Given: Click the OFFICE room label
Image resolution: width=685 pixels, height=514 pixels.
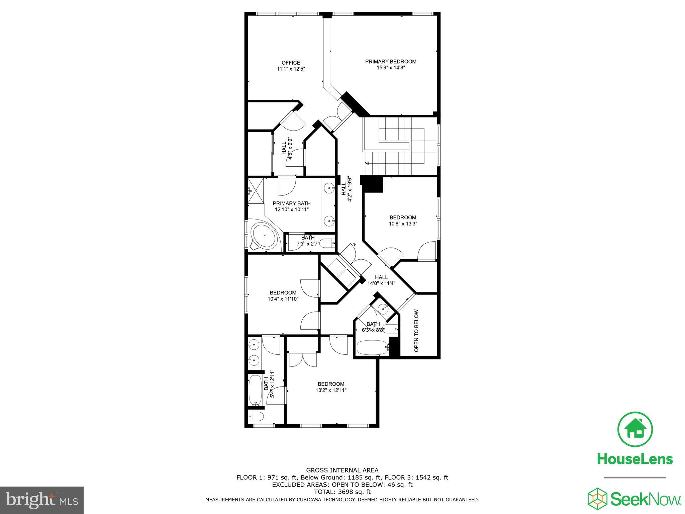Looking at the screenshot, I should coord(291,63).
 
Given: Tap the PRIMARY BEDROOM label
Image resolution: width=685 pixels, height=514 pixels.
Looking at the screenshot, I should coord(390,62).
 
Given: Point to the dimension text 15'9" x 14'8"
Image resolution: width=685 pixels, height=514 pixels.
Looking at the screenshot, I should coord(391,68).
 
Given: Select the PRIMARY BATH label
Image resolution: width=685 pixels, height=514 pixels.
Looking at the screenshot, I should coord(291,203).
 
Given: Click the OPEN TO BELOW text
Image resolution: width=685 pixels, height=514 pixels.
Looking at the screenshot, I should coord(416,331).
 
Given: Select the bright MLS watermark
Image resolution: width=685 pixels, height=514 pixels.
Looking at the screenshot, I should coord(42,500).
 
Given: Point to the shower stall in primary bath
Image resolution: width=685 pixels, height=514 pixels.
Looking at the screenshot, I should coord(256,191).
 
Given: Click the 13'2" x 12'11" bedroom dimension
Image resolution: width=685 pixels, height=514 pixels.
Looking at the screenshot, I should coord(331,390).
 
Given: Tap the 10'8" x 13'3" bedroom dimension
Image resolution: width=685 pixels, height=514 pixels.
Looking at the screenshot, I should coord(403,224).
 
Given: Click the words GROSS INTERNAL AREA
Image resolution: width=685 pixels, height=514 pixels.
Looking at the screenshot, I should coord(342,470).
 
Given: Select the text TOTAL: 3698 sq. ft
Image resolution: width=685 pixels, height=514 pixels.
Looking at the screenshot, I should coord(342,492).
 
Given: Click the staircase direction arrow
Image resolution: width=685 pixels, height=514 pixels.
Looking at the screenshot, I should coord(367,163).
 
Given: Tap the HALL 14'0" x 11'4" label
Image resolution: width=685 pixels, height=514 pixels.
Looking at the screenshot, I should coord(381,280).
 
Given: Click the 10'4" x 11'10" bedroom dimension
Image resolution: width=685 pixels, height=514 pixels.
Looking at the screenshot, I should coord(283,299).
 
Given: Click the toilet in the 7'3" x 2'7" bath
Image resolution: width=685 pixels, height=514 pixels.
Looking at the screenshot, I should coord(327,243).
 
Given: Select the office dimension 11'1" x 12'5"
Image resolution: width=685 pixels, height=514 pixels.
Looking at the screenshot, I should coord(291,69).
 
